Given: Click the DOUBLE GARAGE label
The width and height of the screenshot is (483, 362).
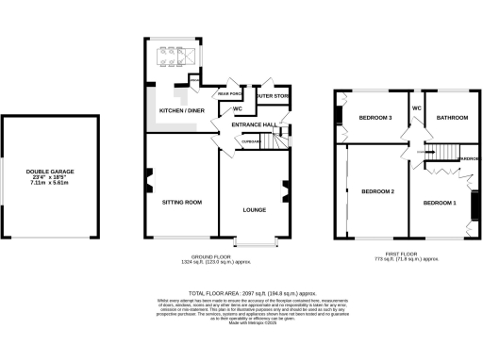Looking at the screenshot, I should coord(49,172).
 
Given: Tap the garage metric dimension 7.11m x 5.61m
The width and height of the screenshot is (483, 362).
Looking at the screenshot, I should coord(49,185).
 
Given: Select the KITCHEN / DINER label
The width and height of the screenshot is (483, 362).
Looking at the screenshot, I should coord(180,111).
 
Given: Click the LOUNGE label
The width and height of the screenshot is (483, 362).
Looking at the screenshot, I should coord(255,209).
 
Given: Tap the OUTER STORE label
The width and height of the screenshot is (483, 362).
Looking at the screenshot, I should coord(272,96).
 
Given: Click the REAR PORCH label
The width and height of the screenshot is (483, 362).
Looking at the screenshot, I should coord(231,94).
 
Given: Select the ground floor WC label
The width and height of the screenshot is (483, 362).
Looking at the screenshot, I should coord(226,110).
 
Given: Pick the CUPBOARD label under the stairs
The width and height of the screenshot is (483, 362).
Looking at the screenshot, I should coord(251,142).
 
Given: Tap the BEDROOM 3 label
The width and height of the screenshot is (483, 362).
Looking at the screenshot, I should coord(375,117).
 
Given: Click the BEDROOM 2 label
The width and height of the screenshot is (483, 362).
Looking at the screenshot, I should coord(377,191).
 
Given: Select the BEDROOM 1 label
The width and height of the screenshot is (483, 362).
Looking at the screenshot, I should coord(439,204).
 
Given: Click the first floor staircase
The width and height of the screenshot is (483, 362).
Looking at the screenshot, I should coord(443,151).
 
